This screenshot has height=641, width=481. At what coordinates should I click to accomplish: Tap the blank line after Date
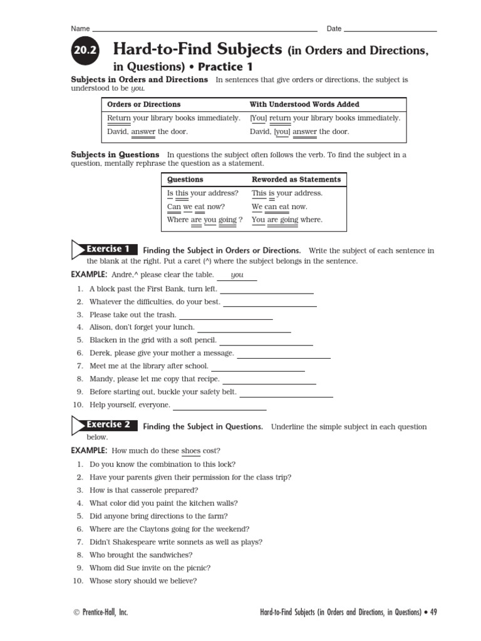pos(390,30)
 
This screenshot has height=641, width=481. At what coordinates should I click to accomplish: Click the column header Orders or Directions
pos(143,105)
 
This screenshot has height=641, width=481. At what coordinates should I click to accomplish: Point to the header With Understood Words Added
pos(304,105)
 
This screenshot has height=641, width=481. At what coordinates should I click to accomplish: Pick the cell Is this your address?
pos(203,193)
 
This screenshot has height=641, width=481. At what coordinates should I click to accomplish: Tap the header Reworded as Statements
pos(296,180)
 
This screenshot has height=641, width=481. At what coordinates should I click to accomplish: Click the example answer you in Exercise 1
pos(237,275)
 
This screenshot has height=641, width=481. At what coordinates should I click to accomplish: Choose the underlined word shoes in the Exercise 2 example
pos(190,451)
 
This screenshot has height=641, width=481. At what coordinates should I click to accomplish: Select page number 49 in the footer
pos(433,612)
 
